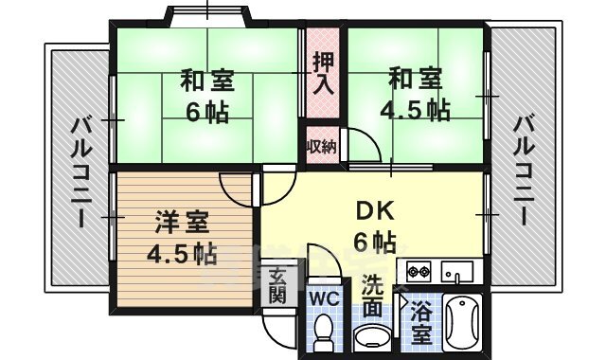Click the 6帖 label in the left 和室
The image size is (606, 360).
click(206, 113)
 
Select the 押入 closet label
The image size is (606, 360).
click(324, 74)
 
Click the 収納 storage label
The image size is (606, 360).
click(321, 146)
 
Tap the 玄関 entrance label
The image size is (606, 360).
click(276, 285)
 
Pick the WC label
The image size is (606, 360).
click(324, 297)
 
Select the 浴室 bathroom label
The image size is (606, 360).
click(419, 320)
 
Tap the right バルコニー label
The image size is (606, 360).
click(524, 169)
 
